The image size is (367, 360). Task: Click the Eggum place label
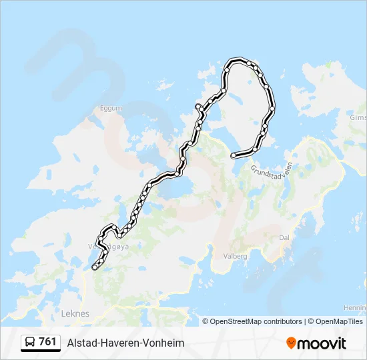coord(110,107)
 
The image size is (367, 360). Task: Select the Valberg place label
coord(234,256)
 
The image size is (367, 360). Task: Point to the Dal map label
coord(284,237)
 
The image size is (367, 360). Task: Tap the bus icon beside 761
coord(29,342)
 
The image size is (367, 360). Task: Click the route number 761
coord(47,342)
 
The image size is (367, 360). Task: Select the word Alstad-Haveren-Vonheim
coord(125,343)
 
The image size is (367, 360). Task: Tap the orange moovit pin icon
coord(291,343)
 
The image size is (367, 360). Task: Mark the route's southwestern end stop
coord(95,267)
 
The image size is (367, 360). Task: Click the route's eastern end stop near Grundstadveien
coord(233,155)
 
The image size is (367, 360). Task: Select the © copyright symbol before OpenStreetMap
coord(206,321)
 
